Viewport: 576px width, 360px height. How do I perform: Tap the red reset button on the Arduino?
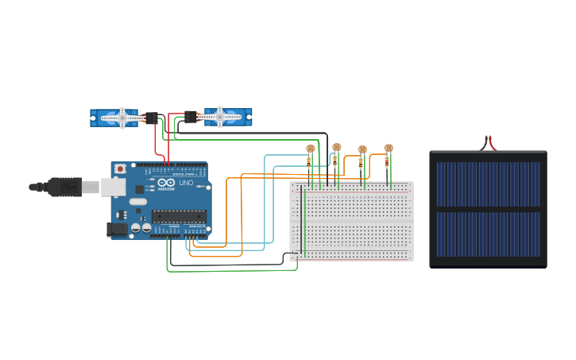tap(120, 169)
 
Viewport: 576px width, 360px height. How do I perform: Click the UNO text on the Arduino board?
tap(185, 183)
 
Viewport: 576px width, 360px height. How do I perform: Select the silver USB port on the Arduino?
tap(112, 187)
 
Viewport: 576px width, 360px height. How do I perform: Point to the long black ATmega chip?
tap(179, 215)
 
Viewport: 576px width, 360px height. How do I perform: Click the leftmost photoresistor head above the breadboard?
tap(311, 149)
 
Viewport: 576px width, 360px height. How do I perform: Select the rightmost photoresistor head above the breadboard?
tap(389, 148)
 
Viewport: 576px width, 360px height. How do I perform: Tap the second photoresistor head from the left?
tap(337, 147)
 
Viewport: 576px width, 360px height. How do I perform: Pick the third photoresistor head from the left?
tap(363, 149)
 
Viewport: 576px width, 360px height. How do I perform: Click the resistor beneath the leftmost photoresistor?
tap(309, 162)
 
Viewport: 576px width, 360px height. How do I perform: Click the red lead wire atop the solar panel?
tap(493, 144)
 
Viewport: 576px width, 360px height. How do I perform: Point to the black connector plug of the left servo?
tap(151, 118)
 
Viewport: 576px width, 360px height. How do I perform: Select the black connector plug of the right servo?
tap(191, 116)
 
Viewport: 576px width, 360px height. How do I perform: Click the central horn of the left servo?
tap(122, 117)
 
